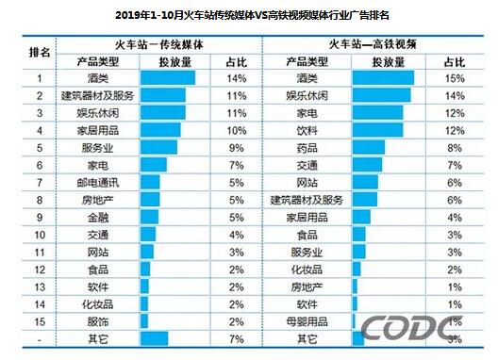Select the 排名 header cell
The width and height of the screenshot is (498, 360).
pyautogui.click(x=40, y=53)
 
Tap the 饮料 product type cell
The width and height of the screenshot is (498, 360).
pyautogui.click(x=307, y=130)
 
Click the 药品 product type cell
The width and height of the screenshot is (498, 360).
pyautogui.click(x=307, y=147)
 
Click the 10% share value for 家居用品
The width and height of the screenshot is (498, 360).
pyautogui.click(x=236, y=130)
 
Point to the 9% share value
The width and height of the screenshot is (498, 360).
pyautogui.click(x=236, y=147)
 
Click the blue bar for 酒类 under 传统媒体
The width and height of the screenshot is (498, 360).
pyautogui.click(x=167, y=78)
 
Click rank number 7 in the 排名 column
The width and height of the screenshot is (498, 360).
pyautogui.click(x=40, y=182)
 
